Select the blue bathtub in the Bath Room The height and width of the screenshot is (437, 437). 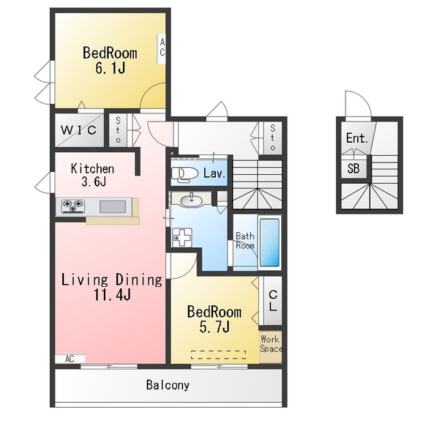270,242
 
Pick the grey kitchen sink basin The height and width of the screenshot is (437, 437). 113,206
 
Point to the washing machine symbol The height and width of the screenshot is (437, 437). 182,238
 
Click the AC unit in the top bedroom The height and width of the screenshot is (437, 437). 162,49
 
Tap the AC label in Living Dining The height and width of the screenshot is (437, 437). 70,358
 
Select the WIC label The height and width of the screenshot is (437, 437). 79,130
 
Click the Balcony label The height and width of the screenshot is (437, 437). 168,385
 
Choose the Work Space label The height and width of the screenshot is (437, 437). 271,344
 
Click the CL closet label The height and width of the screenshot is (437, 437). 273,300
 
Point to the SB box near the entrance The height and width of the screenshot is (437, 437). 354,169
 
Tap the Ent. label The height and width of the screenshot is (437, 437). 356,138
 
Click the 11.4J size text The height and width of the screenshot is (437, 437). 112,294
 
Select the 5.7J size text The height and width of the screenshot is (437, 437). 214,326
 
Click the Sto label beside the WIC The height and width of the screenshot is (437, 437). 118,130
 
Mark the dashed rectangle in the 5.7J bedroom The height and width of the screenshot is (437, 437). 218,355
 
